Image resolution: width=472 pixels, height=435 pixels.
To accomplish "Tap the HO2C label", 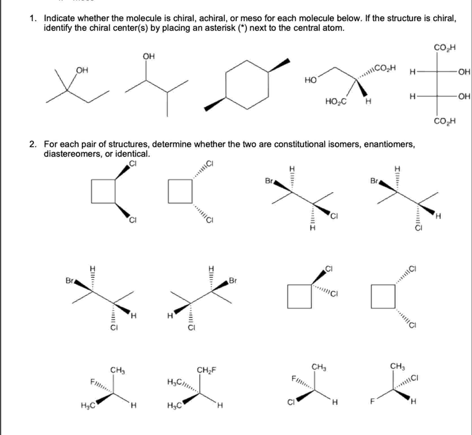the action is (x=336, y=101).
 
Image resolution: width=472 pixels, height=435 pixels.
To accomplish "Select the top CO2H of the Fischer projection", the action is (x=445, y=47).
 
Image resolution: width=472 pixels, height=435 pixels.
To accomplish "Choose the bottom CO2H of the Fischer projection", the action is (x=445, y=121).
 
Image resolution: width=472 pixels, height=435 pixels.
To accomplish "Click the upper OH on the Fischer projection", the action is (x=464, y=72).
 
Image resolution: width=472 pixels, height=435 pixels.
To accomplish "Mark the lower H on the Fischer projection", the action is (x=413, y=97).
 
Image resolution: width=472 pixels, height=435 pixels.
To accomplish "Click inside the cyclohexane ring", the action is (x=247, y=84).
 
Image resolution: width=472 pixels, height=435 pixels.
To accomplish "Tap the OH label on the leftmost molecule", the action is (x=82, y=70).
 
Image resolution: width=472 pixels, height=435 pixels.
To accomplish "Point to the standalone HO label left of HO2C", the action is (x=310, y=81).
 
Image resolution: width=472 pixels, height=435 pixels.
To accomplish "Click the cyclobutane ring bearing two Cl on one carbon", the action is (x=299, y=296).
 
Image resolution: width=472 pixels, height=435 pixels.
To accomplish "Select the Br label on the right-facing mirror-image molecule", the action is (x=233, y=280).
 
